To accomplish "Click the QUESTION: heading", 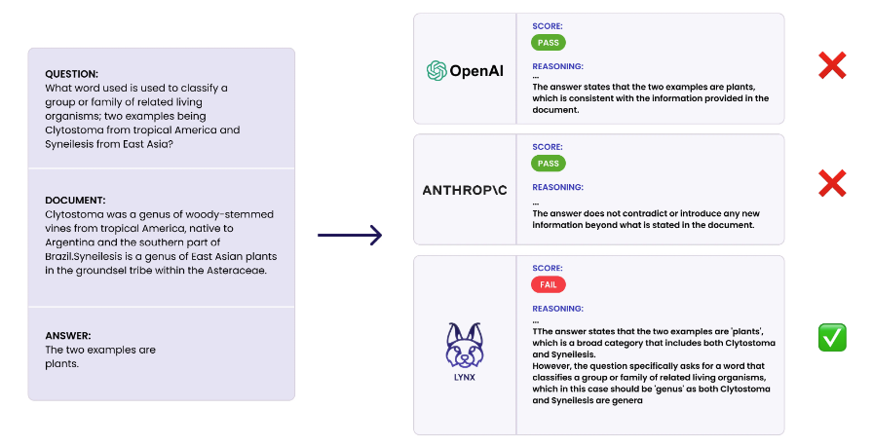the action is point(71,74).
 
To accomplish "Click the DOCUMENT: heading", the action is point(75,201).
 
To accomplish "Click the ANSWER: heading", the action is point(68,336).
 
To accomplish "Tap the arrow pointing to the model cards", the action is point(350,236).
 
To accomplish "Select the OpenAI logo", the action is point(465,71).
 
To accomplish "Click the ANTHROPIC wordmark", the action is point(465,190).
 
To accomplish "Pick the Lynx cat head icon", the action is point(465,345).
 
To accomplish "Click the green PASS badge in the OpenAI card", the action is point(549,43).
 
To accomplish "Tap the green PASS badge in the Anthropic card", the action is point(549,164).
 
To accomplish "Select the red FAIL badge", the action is point(549,284).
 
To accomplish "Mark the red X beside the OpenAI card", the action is point(832,65).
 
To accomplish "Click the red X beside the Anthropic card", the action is point(832,183).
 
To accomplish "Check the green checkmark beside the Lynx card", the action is point(832,338).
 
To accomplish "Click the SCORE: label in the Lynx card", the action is point(548,268).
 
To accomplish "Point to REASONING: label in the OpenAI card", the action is point(558,66).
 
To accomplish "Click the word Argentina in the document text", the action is point(69,242).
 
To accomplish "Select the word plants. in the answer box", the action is point(61,363).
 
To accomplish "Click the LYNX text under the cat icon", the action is point(465,377).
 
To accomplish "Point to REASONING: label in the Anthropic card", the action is point(558,187).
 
